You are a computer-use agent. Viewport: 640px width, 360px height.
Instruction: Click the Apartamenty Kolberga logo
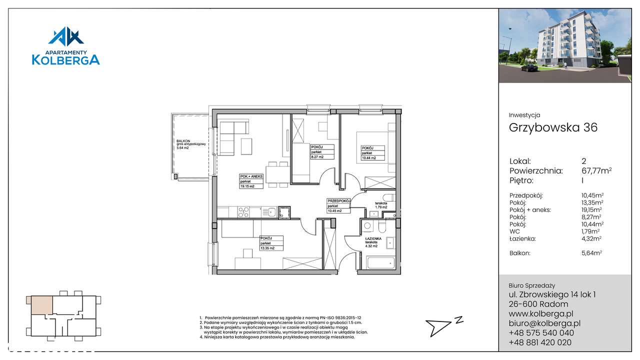(x=66, y=46)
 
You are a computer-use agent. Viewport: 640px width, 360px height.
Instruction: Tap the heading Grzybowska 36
(x=553, y=127)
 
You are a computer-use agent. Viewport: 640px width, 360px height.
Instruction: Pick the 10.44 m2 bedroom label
(x=372, y=153)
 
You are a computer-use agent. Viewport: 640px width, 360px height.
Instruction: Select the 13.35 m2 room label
(x=271, y=243)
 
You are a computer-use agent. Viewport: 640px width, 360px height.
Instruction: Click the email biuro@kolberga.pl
(x=544, y=323)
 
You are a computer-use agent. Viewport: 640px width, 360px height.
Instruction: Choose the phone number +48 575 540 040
(x=541, y=332)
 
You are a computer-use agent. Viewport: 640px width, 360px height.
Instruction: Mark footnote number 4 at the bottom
(x=277, y=337)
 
